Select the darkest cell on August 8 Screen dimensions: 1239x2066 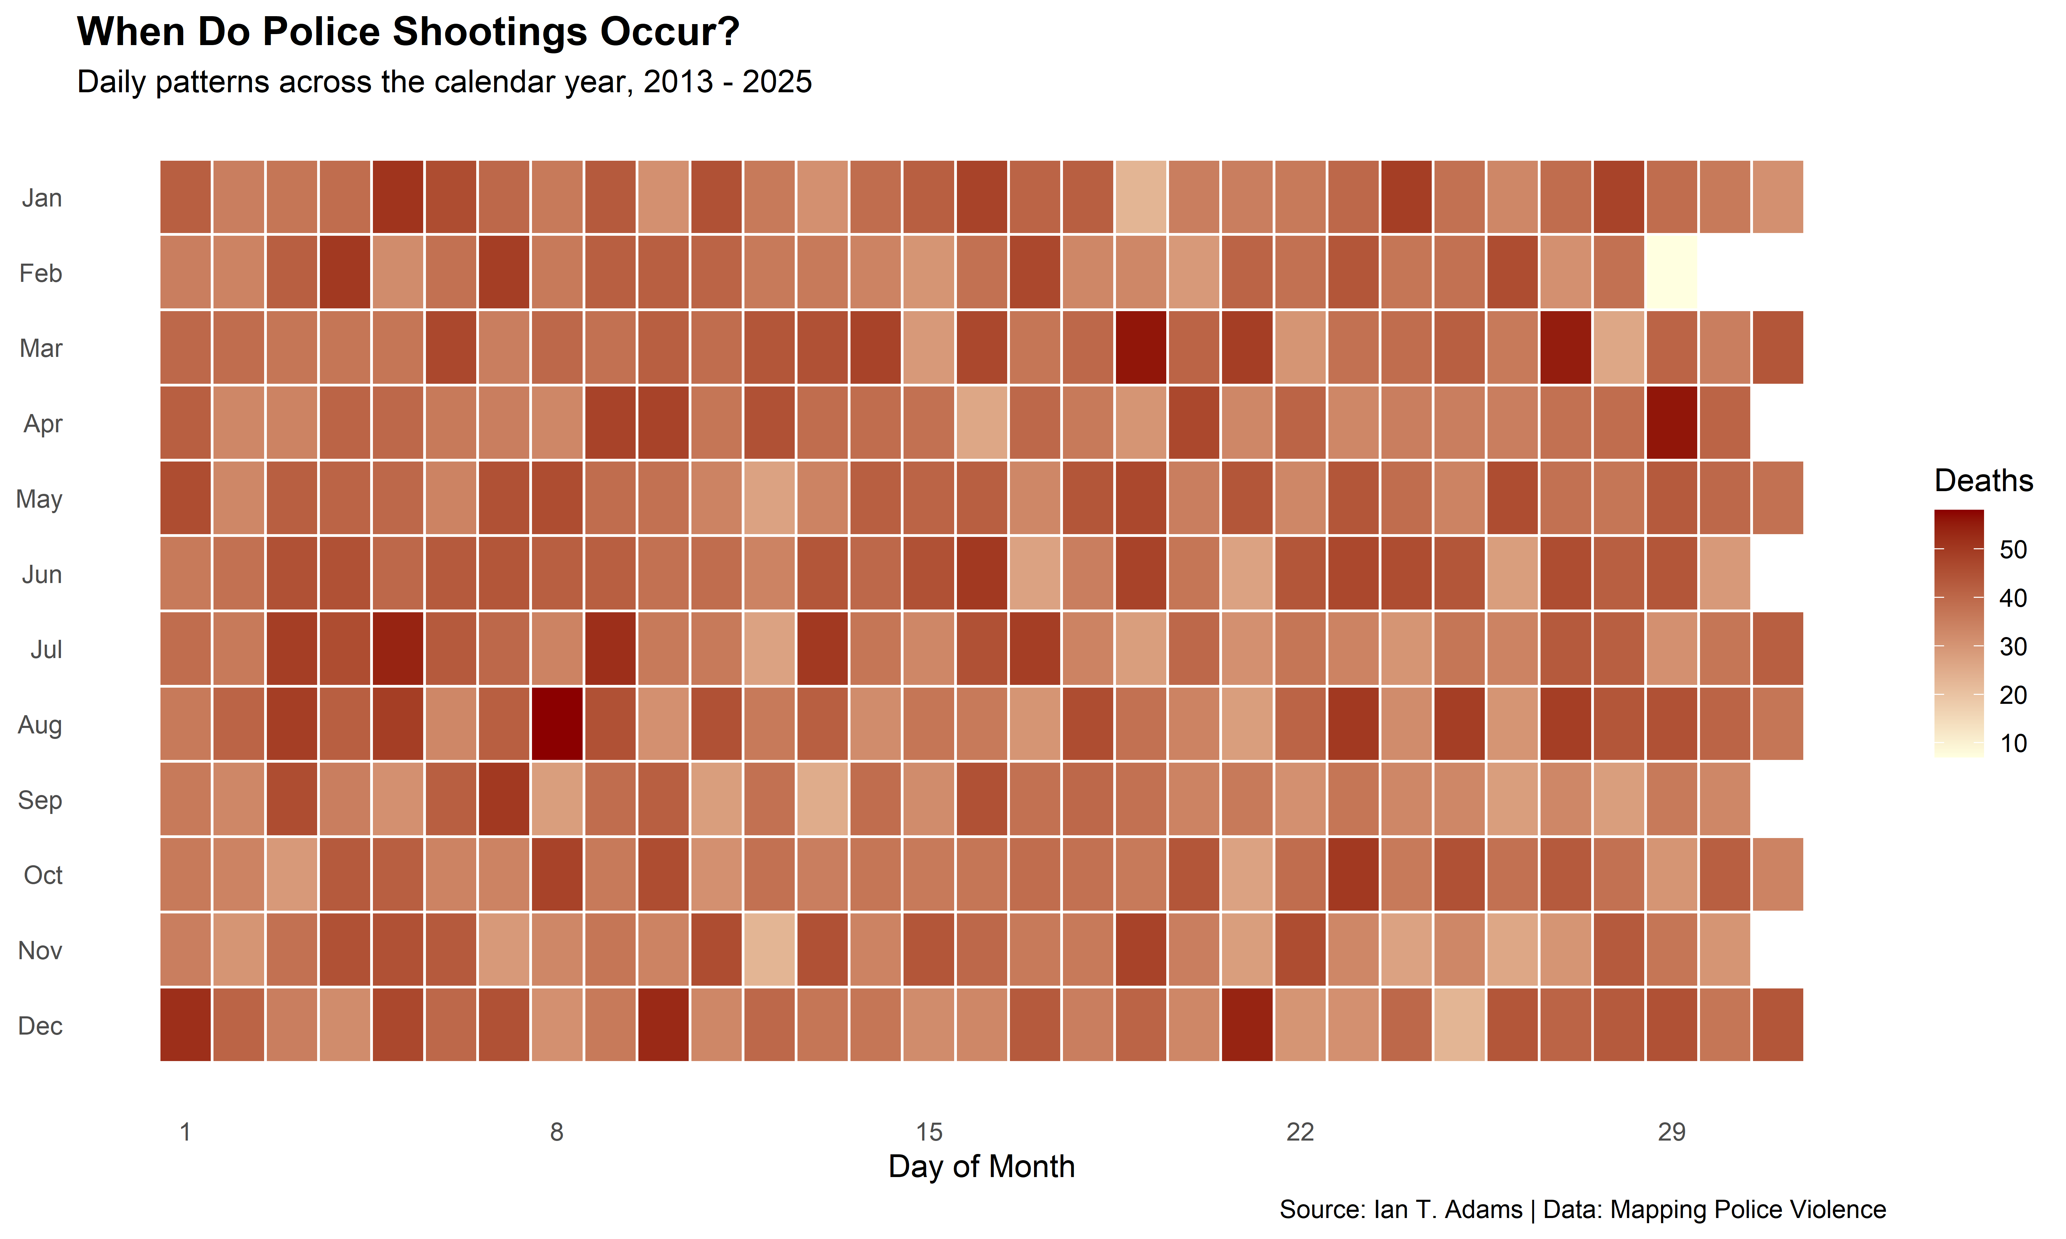coord(557,724)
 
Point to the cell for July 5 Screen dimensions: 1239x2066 coord(397,649)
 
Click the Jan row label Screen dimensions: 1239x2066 coord(42,198)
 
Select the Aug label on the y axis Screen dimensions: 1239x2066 coord(40,725)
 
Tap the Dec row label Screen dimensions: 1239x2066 coord(40,1025)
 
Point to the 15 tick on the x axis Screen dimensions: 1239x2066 coord(929,1132)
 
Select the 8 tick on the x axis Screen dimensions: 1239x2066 coord(557,1132)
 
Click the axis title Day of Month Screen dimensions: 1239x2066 coord(981,1166)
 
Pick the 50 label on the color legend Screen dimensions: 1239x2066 coord(2013,549)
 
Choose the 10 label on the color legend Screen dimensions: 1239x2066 coord(2013,743)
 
